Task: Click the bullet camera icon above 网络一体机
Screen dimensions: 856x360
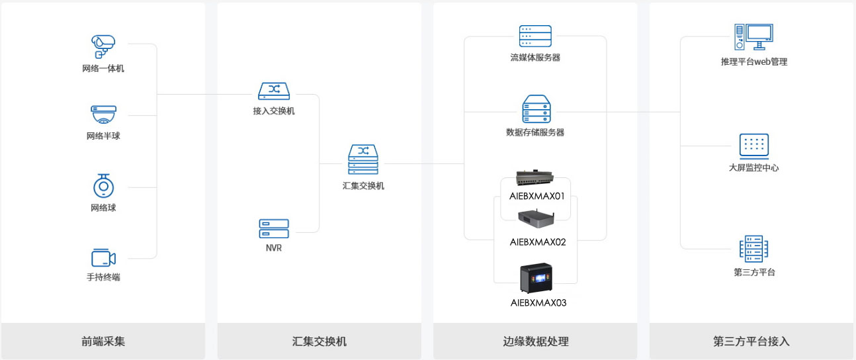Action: point(103,46)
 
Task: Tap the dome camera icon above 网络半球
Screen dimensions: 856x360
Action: point(103,114)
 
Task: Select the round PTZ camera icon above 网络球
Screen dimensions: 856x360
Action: point(104,186)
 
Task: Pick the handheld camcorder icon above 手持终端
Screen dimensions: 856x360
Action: point(104,258)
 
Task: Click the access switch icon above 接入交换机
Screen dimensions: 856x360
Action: point(274,91)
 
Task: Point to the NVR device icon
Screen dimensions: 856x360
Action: point(274,228)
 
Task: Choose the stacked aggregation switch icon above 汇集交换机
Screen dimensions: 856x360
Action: point(363,159)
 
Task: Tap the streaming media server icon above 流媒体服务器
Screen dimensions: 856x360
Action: point(535,36)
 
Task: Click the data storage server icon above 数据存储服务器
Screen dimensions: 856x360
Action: point(536,109)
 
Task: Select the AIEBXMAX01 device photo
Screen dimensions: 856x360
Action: point(535,177)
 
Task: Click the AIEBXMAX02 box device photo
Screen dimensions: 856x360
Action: point(536,218)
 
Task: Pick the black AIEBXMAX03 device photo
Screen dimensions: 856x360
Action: point(536,278)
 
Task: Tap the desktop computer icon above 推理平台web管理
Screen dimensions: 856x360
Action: point(753,36)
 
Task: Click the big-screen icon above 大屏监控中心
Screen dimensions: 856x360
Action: point(754,146)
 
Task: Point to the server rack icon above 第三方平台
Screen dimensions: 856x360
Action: point(753,249)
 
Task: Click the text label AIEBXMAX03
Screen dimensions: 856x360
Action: point(538,303)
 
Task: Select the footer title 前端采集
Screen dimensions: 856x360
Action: point(103,341)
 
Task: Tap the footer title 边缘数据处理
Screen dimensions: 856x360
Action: point(536,341)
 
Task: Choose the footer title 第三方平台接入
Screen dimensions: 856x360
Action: point(751,341)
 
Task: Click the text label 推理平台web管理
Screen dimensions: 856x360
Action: point(754,62)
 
